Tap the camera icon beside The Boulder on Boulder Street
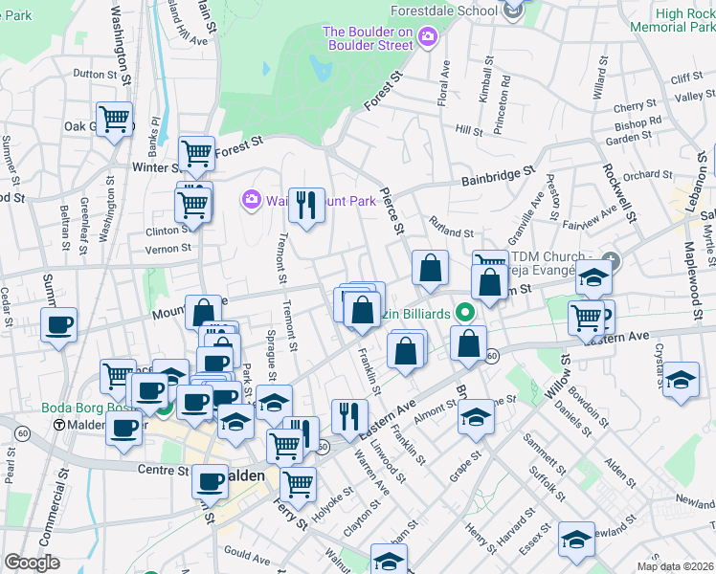point(427,36)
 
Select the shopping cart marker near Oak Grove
point(115,119)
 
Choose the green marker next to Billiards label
point(464,313)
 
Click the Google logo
point(32,562)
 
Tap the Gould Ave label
point(246,553)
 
